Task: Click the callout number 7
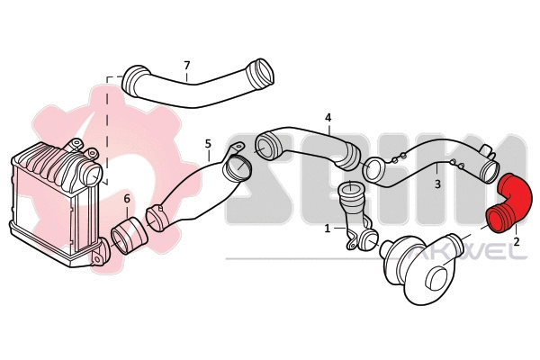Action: pos(186,65)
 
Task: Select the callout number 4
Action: pos(328,118)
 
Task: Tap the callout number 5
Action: pos(208,143)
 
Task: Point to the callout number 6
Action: pos(127,198)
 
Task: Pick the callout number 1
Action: pos(327,229)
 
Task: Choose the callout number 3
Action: pos(437,183)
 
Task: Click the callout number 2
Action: pos(517,242)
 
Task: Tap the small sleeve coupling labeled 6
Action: pos(131,236)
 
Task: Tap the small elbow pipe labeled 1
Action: pos(351,216)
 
